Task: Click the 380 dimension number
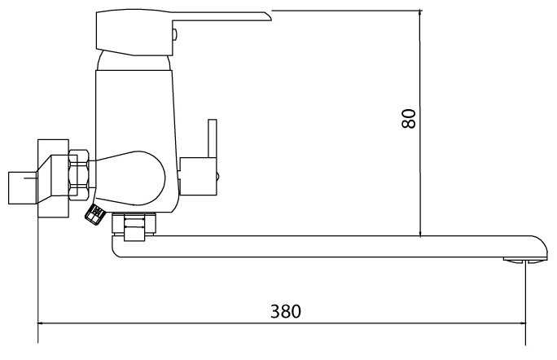coord(286,311)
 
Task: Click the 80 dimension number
coord(409,118)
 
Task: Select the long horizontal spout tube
coord(330,246)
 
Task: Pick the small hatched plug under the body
coord(94,214)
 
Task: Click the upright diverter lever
coord(212,138)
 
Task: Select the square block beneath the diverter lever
coord(198,176)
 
